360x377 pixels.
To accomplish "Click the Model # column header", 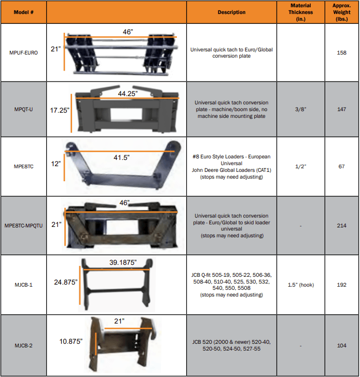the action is tap(23, 12).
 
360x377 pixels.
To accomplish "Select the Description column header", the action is tap(231, 12).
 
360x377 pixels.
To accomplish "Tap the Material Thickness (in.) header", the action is tap(301, 12).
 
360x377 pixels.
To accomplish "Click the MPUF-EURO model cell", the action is tap(23, 52).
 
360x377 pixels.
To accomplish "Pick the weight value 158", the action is tap(341, 52).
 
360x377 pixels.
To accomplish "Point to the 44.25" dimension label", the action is tap(128, 93).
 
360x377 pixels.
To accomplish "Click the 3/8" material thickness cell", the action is tap(301, 109).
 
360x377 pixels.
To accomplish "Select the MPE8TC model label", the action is tap(23, 166).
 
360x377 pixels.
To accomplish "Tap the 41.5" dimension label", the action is tap(121, 157).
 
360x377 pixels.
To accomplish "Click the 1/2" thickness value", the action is tap(301, 166).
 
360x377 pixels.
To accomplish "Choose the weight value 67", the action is tap(341, 166).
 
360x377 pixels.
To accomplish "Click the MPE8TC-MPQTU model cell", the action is tap(23, 226).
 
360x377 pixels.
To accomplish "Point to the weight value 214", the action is tap(341, 225).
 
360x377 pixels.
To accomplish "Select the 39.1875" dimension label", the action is tap(123, 262).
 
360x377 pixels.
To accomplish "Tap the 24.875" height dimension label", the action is tap(66, 282).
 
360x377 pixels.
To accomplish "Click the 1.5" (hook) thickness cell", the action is tap(301, 285).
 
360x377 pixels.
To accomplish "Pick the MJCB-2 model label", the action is tap(23, 345).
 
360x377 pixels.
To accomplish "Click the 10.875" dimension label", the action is tap(71, 341).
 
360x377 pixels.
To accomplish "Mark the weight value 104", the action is tap(341, 345).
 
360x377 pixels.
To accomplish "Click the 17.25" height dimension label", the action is tap(60, 111).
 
